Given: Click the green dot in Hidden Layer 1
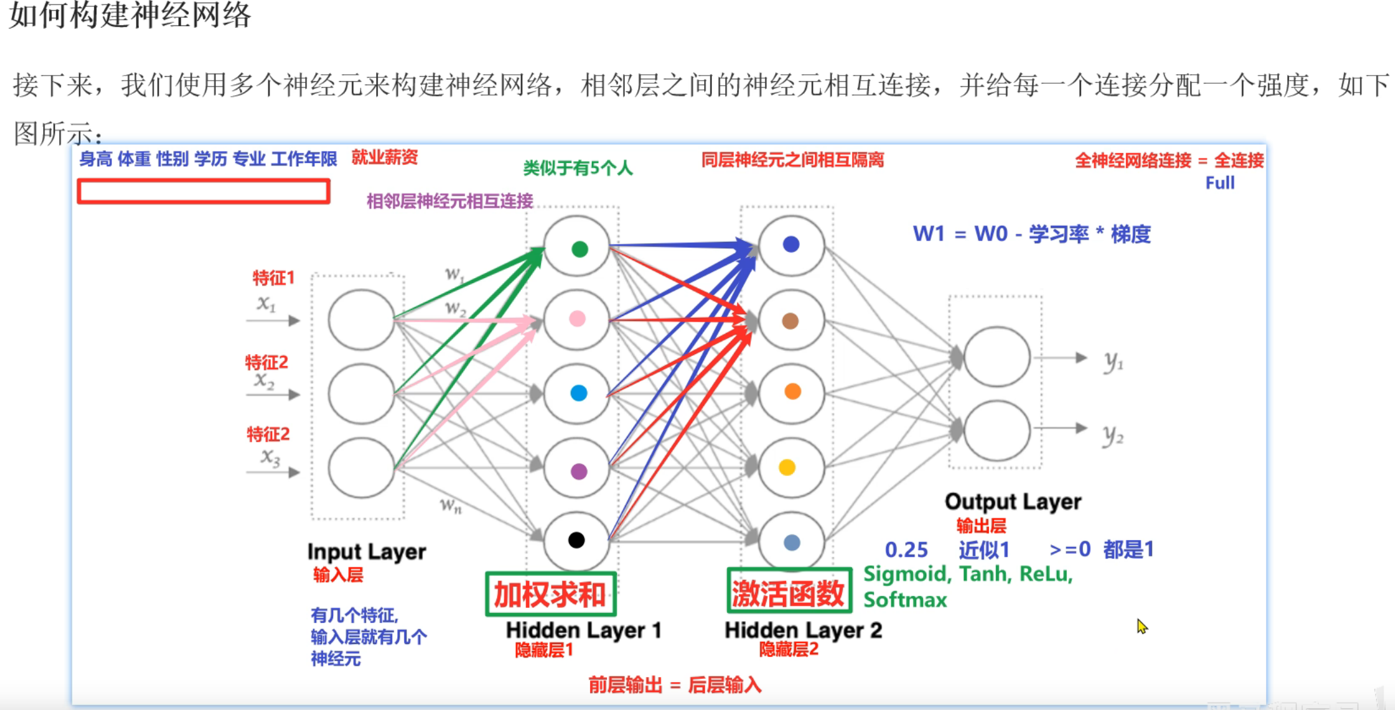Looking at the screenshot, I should click(x=579, y=249).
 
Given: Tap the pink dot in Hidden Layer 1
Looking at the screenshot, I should click(x=577, y=319).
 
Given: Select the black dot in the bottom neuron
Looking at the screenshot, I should click(x=577, y=540).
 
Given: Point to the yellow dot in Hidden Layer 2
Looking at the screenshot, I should click(x=787, y=468).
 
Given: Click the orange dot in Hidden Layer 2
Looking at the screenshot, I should click(x=792, y=391).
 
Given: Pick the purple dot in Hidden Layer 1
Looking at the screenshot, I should click(x=579, y=471).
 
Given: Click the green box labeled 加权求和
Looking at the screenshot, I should click(x=551, y=595).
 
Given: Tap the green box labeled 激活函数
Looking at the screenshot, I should click(x=789, y=591).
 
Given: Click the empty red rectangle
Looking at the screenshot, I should click(x=204, y=191).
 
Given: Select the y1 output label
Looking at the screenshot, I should click(x=1113, y=362).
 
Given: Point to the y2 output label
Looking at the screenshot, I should click(x=1113, y=435).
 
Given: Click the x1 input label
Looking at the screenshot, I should click(x=266, y=304).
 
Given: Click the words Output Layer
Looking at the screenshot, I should click(x=1012, y=501).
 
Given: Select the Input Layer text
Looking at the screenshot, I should click(x=366, y=551).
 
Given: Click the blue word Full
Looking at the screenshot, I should click(x=1219, y=183).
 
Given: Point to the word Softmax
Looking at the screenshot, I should click(x=905, y=600).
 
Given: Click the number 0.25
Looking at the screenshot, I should click(x=906, y=549).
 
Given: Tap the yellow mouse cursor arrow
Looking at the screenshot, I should click(x=1142, y=626).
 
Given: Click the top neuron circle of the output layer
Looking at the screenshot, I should click(x=997, y=357).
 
